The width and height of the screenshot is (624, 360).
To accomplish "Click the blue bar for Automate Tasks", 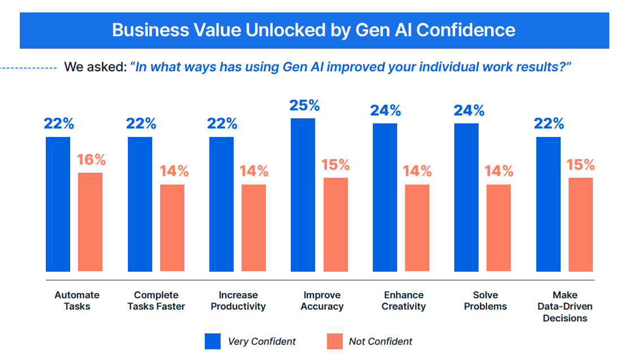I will (x=58, y=204).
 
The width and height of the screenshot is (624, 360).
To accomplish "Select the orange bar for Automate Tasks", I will (x=90, y=222).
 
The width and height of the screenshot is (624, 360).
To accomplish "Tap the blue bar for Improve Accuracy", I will (x=303, y=195).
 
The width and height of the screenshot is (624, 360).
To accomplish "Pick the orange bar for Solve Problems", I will (x=498, y=228).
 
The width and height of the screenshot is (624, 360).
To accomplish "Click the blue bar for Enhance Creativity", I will (x=385, y=198).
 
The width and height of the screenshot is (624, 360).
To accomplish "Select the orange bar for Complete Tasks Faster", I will (x=172, y=228).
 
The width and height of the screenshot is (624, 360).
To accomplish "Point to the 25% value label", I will (x=304, y=105).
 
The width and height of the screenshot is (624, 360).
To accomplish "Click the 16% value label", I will (x=92, y=160).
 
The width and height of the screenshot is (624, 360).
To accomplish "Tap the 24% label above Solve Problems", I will (x=469, y=110).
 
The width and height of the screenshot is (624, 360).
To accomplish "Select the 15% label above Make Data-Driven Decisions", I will (x=581, y=165).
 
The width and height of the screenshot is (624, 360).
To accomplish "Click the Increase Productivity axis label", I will (x=238, y=301).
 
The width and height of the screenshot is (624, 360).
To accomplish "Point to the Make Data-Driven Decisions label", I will (x=565, y=306).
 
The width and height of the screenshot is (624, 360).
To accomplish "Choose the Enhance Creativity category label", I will (x=403, y=301).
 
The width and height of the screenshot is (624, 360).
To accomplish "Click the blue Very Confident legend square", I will (x=213, y=341).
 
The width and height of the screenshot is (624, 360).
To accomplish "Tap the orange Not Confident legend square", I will (x=335, y=341).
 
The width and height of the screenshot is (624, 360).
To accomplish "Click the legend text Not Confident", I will (x=380, y=341).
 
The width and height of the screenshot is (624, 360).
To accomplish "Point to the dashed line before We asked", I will (x=28, y=68).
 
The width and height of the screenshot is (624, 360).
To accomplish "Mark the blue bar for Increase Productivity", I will (x=221, y=204).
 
